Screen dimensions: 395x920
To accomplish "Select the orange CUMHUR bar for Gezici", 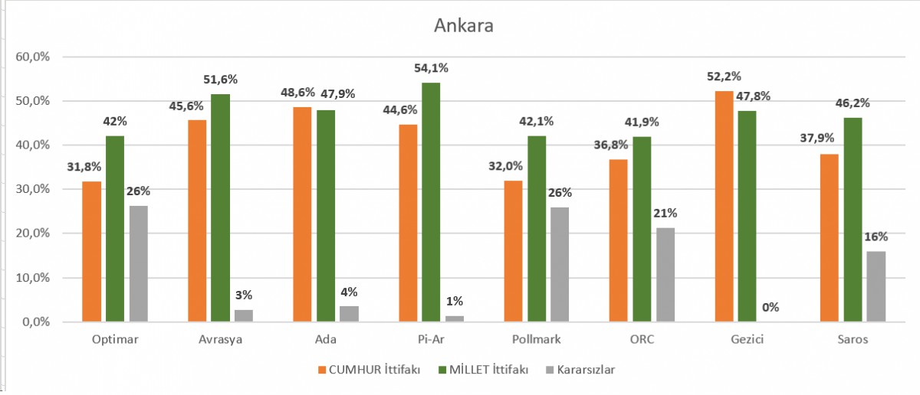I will click(x=724, y=207).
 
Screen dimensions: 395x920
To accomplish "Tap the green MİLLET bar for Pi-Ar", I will click(x=431, y=202).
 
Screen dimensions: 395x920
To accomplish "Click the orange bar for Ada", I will click(x=302, y=214).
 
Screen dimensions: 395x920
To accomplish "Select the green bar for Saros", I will click(x=853, y=220).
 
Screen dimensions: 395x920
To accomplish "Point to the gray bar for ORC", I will click(x=665, y=275).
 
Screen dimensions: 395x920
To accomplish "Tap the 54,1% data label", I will click(x=431, y=68).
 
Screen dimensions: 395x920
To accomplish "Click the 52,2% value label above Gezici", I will click(x=724, y=77).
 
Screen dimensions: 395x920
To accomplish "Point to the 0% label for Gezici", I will click(x=770, y=308).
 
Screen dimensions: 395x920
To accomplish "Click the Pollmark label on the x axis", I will click(x=537, y=339).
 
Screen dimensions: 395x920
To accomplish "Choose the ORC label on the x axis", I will click(x=642, y=339).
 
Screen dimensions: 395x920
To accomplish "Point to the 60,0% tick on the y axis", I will click(x=34, y=57).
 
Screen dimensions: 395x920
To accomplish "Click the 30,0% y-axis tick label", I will click(x=34, y=189).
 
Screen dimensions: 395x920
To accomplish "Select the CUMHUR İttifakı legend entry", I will click(x=369, y=370).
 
